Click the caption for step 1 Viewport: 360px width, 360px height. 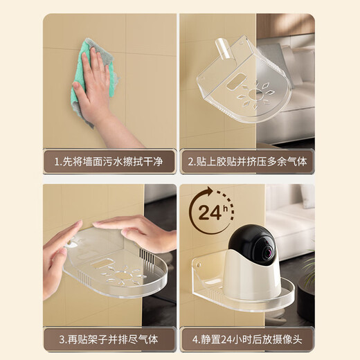109,161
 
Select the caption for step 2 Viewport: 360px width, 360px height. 247,161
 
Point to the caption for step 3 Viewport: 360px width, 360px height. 109,339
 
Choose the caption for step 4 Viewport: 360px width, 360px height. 247,339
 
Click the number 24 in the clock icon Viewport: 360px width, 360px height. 210,213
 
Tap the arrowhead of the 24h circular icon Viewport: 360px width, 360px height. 210,191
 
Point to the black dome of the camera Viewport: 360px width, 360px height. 251,242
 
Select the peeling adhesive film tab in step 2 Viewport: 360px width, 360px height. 223,48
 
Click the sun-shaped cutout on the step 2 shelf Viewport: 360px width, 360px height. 254,95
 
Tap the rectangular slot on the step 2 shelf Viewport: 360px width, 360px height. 236,82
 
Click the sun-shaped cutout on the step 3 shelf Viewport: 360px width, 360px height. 123,275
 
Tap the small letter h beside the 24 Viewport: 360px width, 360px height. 225,208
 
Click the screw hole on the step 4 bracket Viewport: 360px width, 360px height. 198,265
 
